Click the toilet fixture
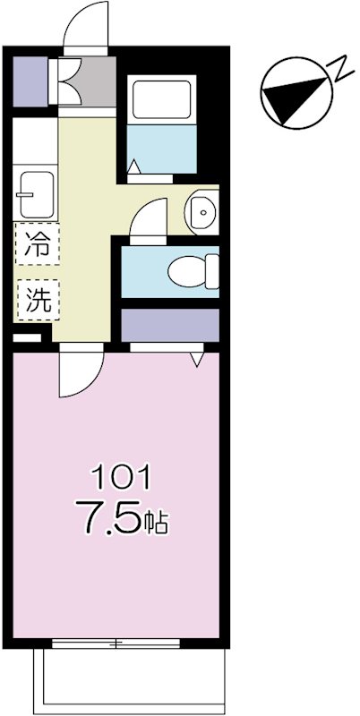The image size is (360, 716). click(x=194, y=269)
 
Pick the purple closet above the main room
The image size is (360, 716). click(x=169, y=324)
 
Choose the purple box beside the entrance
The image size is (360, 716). click(x=33, y=81)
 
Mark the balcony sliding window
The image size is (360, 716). click(x=116, y=643)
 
